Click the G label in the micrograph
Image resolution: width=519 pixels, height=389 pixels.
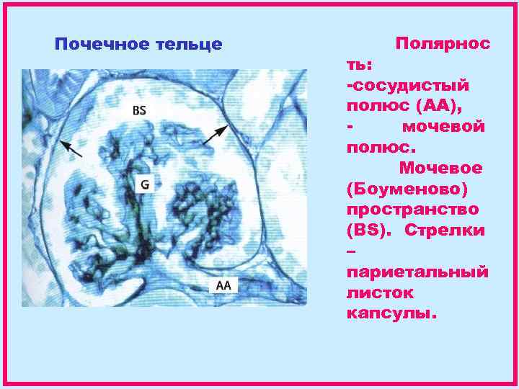[x=144, y=184]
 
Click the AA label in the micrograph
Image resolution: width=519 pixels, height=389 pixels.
[x=223, y=285]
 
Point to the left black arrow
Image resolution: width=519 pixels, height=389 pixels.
[x=71, y=148]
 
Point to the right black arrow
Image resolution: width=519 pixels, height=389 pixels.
[x=216, y=135]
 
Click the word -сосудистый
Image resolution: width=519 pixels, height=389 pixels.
[x=407, y=85]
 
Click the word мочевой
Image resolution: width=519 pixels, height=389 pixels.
[x=442, y=127]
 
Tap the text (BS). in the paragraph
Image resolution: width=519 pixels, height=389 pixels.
[x=369, y=231]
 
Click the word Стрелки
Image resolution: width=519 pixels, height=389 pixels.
[x=445, y=231]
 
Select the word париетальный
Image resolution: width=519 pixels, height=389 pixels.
[x=417, y=273]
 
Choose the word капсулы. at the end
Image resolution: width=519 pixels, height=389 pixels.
[x=391, y=315]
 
